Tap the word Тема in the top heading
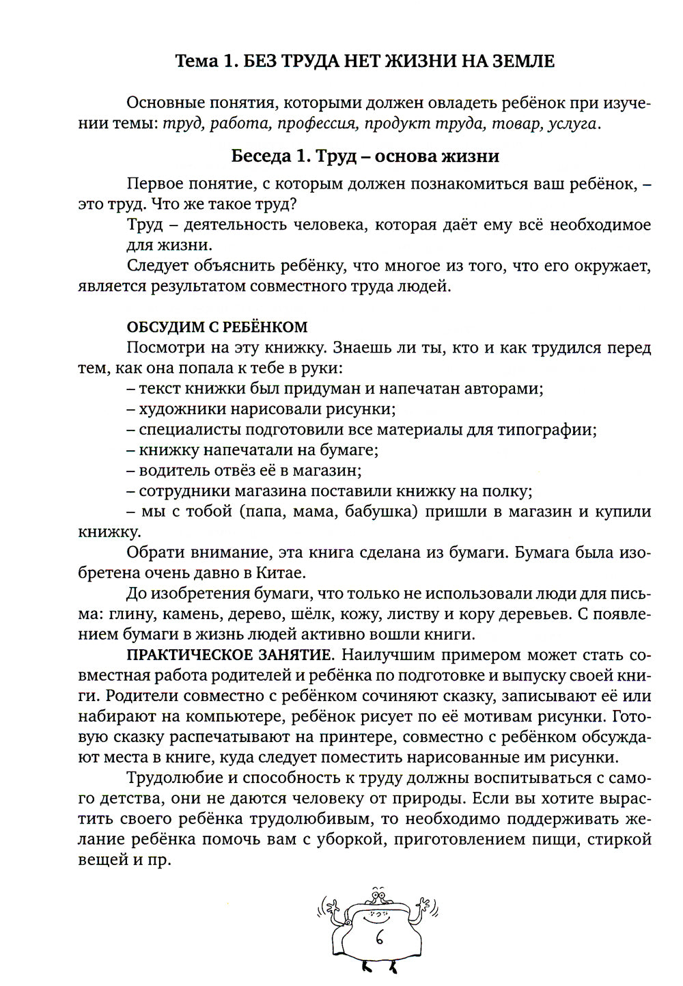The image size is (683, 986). point(196,61)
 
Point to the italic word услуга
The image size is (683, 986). point(572,124)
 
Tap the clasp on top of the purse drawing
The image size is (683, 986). point(376,893)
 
